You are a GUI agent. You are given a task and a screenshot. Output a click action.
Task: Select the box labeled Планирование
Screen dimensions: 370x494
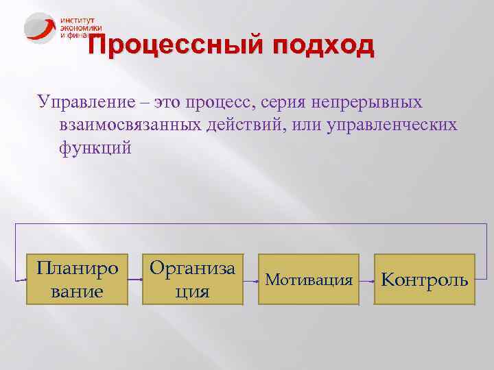(x=78, y=279)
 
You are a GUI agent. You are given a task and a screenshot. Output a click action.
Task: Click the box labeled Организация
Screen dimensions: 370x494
(x=192, y=279)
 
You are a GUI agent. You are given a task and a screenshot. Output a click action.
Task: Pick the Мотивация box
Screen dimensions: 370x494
(x=309, y=280)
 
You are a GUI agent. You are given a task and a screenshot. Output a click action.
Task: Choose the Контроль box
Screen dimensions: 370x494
(x=425, y=280)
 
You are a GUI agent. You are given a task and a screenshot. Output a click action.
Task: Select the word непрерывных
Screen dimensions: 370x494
(x=368, y=102)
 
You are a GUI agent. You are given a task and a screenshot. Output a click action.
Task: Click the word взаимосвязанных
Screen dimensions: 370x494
(x=124, y=125)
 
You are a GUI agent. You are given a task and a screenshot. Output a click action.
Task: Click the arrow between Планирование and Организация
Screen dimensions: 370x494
(x=134, y=280)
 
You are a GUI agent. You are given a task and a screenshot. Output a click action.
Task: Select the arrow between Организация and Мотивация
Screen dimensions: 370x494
(x=251, y=280)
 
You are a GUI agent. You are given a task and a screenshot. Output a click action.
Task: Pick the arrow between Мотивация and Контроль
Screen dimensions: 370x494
(x=368, y=280)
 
